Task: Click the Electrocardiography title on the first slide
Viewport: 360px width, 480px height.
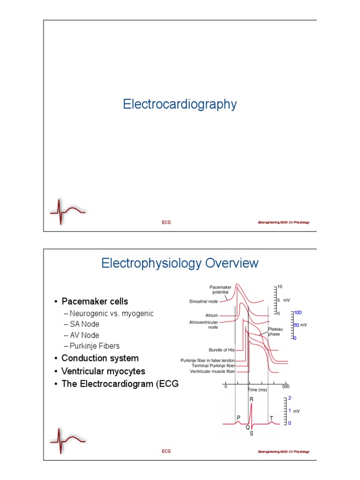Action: (x=180, y=104)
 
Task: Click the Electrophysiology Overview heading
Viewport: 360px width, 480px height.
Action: (x=180, y=263)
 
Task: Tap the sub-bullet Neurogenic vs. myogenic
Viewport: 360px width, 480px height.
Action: (x=111, y=313)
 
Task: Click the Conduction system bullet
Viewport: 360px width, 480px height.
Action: (x=100, y=358)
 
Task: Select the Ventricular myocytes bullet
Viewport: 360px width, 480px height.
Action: (x=103, y=371)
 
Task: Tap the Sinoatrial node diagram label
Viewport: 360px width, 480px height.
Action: (x=203, y=301)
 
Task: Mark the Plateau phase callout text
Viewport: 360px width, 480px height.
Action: (x=275, y=332)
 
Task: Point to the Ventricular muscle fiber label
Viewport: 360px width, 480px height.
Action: (x=212, y=371)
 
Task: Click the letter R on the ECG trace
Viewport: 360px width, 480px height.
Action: (x=252, y=399)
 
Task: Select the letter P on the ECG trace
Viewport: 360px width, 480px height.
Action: (x=239, y=417)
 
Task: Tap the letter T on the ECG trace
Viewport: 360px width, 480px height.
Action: (x=271, y=417)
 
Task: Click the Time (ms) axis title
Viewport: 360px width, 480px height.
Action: (x=257, y=390)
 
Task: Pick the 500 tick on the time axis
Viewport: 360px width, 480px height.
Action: (x=285, y=387)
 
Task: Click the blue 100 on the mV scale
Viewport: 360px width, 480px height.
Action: (x=298, y=312)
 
